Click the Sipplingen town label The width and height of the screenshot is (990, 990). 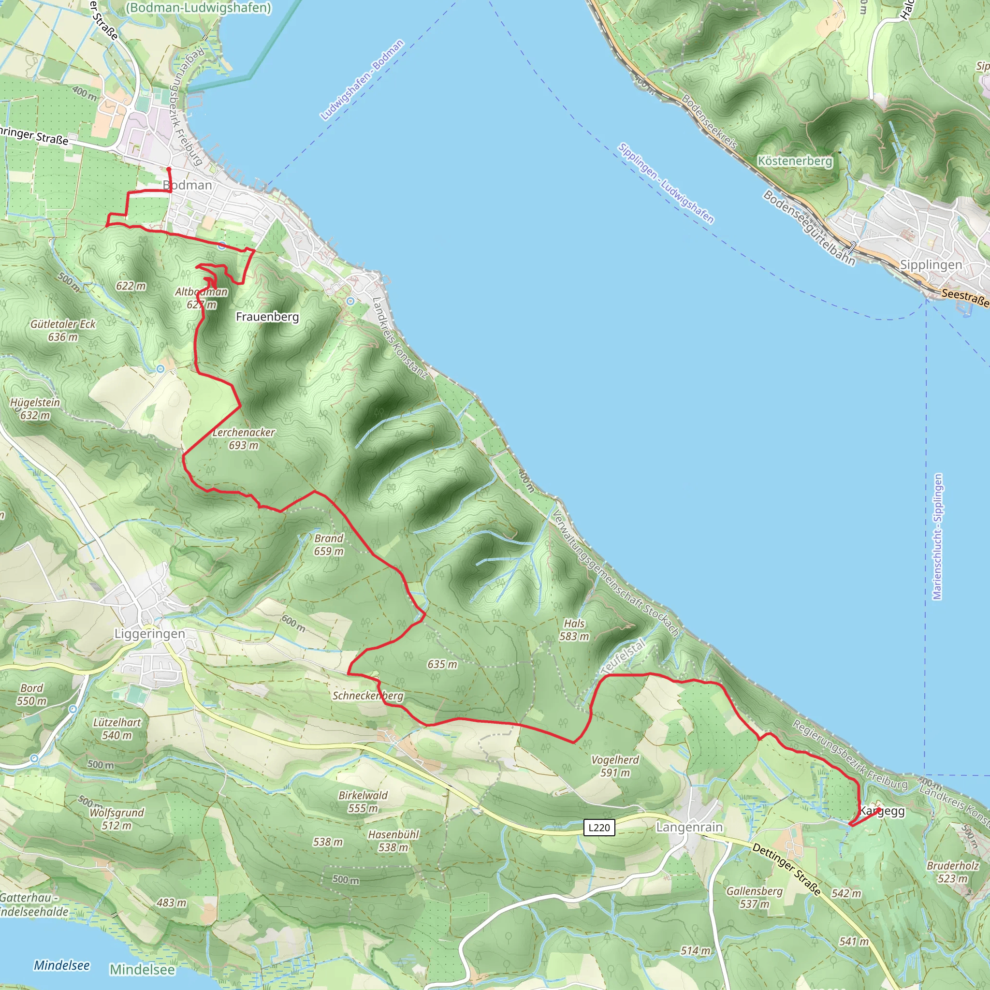tap(931, 265)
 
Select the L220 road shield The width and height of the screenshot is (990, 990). tap(599, 827)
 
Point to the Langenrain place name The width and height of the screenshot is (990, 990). tap(689, 827)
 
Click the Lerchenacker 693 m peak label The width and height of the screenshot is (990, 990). tap(244, 438)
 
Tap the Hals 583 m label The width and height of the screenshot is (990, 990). tap(574, 630)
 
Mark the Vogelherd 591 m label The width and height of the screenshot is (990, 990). tap(615, 766)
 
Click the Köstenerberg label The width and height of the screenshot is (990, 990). tap(795, 161)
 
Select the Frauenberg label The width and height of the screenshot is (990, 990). tap(267, 317)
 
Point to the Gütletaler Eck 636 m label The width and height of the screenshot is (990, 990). tap(63, 331)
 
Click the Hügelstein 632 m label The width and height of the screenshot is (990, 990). tap(35, 409)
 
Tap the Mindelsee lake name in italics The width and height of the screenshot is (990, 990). tap(61, 965)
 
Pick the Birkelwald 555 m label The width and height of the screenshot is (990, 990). tap(363, 801)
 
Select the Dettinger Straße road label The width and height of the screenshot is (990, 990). tap(786, 869)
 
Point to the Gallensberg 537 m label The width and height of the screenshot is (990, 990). tap(754, 897)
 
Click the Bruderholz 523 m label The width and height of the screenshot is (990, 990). tap(953, 872)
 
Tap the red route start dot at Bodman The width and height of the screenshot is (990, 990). tap(169, 169)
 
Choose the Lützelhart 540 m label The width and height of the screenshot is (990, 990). tap(117, 728)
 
